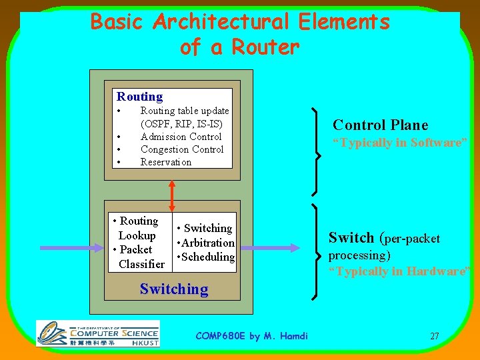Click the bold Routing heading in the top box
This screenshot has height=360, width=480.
tap(139, 97)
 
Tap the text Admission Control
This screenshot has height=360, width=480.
tap(181, 137)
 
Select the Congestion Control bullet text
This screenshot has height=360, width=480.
tap(181, 149)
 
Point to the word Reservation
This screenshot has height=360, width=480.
tap(165, 162)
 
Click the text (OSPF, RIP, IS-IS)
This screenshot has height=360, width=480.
tap(181, 124)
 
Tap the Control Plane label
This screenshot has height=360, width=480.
tap(380, 125)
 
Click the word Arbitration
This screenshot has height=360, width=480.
tap(208, 243)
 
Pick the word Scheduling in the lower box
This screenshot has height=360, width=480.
tap(208, 257)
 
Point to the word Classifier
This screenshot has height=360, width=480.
tap(141, 264)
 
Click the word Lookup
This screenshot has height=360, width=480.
tap(137, 235)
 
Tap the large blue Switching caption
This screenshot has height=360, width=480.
tap(173, 289)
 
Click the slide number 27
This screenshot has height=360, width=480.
tap(434, 336)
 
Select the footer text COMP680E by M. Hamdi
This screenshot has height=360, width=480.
tap(251, 336)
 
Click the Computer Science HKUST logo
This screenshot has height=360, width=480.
tap(97, 333)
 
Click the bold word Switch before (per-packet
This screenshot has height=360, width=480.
tap(351, 237)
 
